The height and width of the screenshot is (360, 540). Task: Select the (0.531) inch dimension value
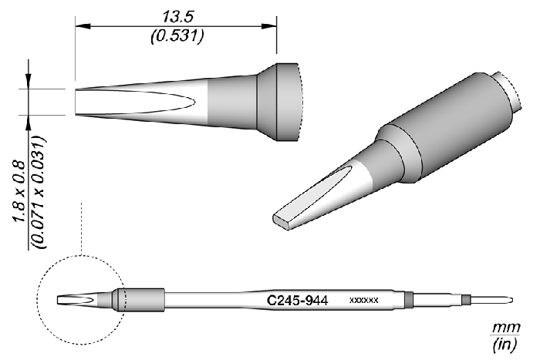pos(175,35)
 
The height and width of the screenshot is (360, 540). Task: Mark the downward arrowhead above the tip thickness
pos(29,84)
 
